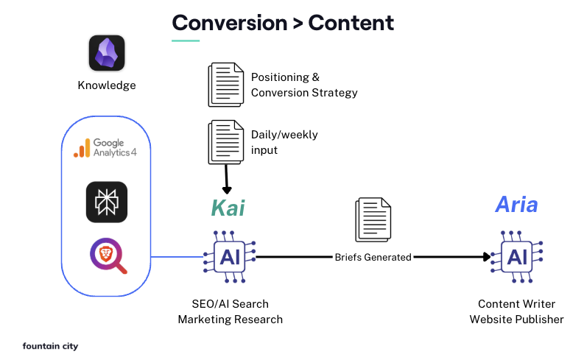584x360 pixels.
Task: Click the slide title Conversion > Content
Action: point(283,23)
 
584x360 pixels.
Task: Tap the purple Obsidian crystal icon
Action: point(107,54)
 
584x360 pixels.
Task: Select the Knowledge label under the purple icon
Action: point(107,85)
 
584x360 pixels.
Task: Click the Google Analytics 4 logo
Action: point(107,148)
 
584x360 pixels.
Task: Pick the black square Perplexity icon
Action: point(107,202)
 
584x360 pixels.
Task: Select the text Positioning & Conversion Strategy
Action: point(304,85)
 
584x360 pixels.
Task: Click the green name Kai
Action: point(228,208)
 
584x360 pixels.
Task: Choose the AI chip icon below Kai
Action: point(228,257)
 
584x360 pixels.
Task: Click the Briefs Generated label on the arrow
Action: point(373,257)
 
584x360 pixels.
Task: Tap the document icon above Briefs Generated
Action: point(373,220)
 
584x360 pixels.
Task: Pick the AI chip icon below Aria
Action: point(516,257)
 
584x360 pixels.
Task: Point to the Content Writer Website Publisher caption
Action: point(516,311)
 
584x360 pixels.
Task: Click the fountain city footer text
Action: point(50,345)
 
